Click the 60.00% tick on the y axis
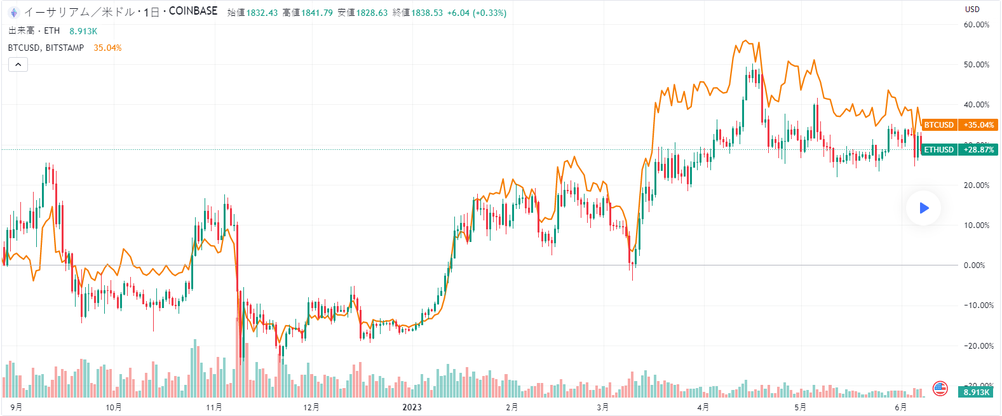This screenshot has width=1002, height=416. tap(976, 25)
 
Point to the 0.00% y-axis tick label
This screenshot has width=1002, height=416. tap(975, 265)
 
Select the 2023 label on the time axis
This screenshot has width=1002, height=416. tap(412, 407)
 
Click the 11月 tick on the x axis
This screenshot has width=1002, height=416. tap(214, 407)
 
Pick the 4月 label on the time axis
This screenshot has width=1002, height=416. tap(703, 407)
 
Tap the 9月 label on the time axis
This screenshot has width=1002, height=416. tap(17, 407)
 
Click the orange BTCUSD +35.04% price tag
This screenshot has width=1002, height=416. tap(959, 125)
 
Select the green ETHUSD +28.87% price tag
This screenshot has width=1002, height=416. tap(959, 150)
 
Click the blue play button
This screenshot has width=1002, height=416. tap(924, 208)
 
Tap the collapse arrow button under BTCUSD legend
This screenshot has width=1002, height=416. tap(18, 64)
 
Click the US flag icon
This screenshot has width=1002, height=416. tap(940, 388)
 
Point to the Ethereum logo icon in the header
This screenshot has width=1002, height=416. tap(14, 12)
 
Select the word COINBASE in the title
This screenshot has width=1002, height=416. tap(193, 11)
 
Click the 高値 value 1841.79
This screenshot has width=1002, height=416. tap(316, 13)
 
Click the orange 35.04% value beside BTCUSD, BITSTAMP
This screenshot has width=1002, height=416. tap(107, 48)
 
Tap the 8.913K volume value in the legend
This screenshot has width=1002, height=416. tap(83, 31)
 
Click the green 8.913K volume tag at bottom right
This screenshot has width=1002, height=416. tap(976, 392)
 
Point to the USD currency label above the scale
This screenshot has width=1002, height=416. tap(972, 10)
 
